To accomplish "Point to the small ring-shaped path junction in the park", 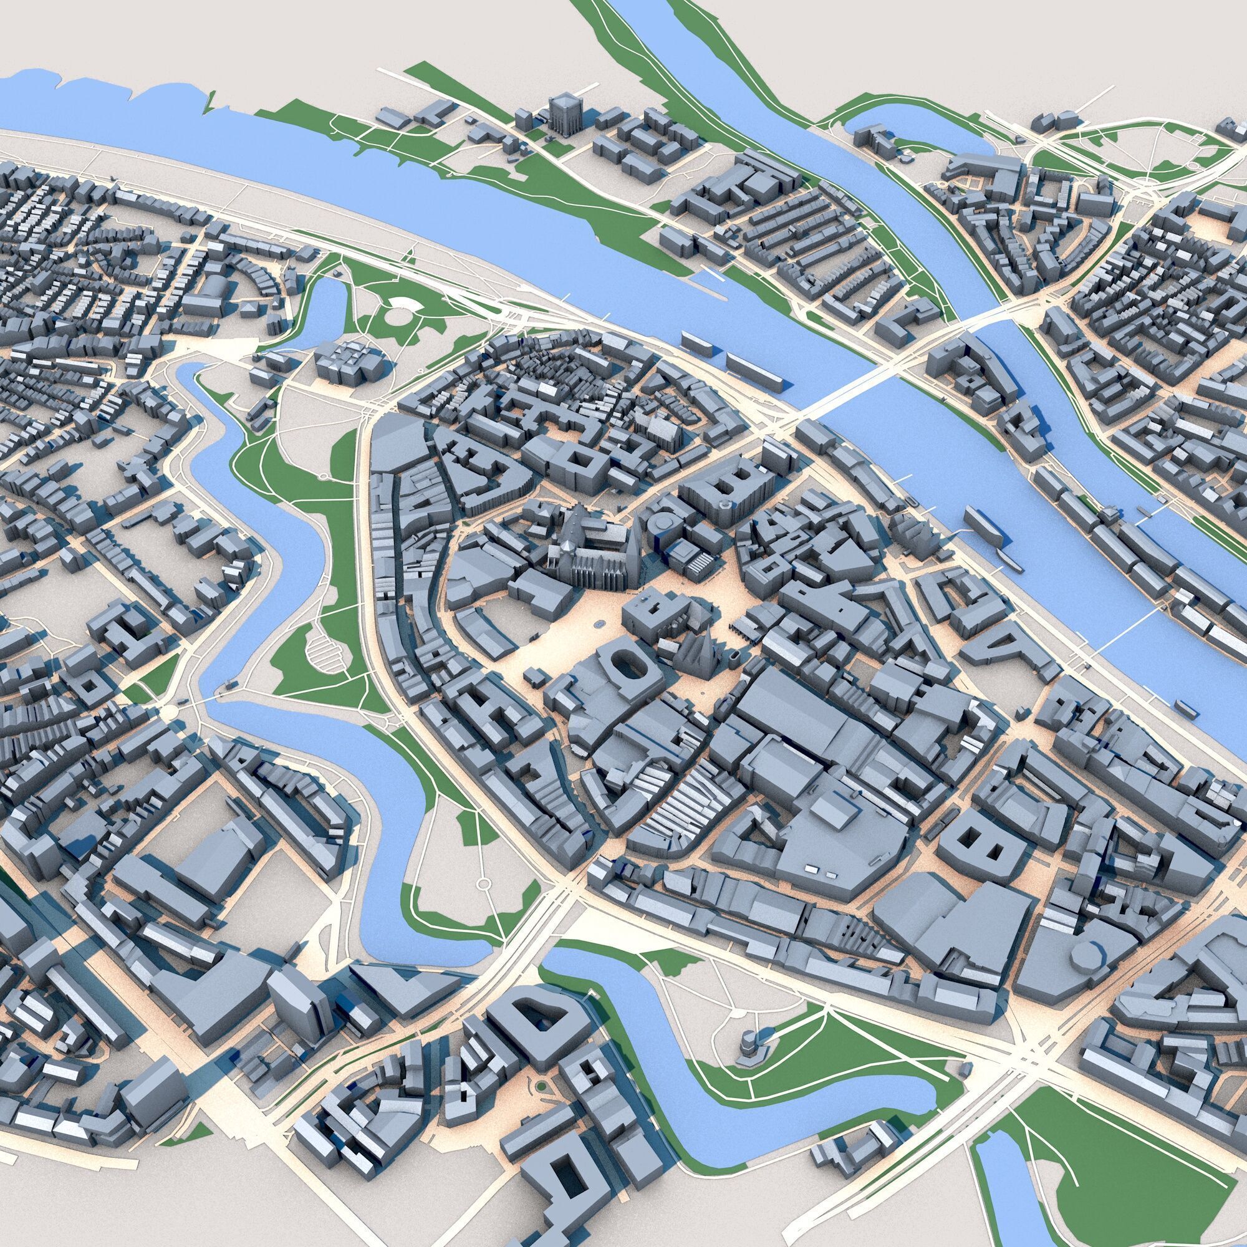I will click(483, 883).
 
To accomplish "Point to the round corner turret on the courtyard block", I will click(727, 503).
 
